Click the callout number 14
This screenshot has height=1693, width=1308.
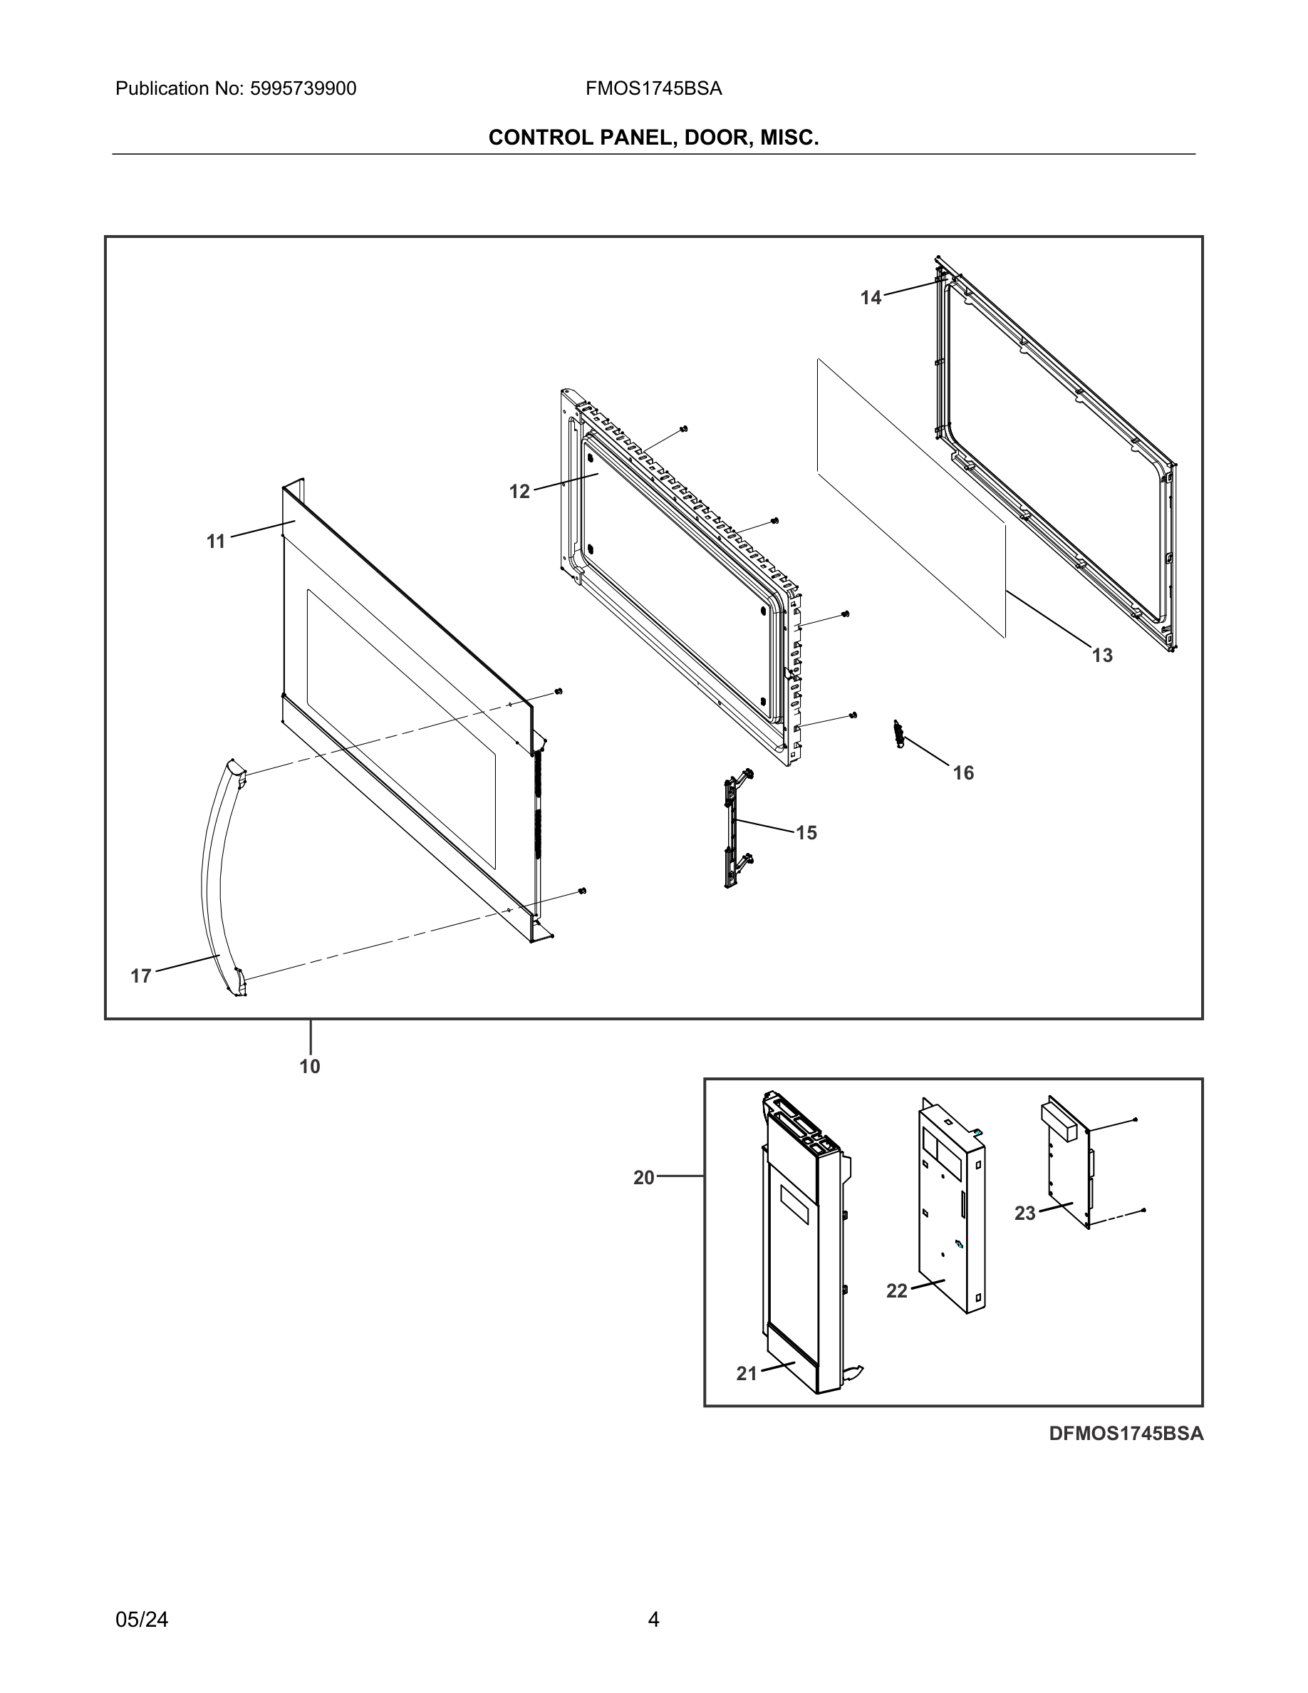coord(870,298)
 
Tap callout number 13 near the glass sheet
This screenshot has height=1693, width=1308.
coord(1102,656)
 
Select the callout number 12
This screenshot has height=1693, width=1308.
coord(519,492)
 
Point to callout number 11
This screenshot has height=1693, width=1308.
coord(215,542)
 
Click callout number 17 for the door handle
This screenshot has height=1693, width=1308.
coord(140,976)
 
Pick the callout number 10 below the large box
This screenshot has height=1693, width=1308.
coord(309,1067)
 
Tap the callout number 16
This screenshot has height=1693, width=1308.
coord(963,773)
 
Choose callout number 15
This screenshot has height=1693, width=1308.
coord(806,832)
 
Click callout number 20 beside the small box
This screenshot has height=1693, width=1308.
coord(643,1178)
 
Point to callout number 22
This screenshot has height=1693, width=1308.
coord(896,1290)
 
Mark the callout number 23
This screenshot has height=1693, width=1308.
coord(1024,1213)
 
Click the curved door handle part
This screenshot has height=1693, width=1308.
coord(211,876)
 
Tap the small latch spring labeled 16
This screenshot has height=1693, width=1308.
coord(899,733)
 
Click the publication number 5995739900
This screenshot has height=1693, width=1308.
coord(303,89)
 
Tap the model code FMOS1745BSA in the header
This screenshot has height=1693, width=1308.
coord(653,89)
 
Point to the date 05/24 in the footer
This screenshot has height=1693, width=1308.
coord(142,1620)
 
